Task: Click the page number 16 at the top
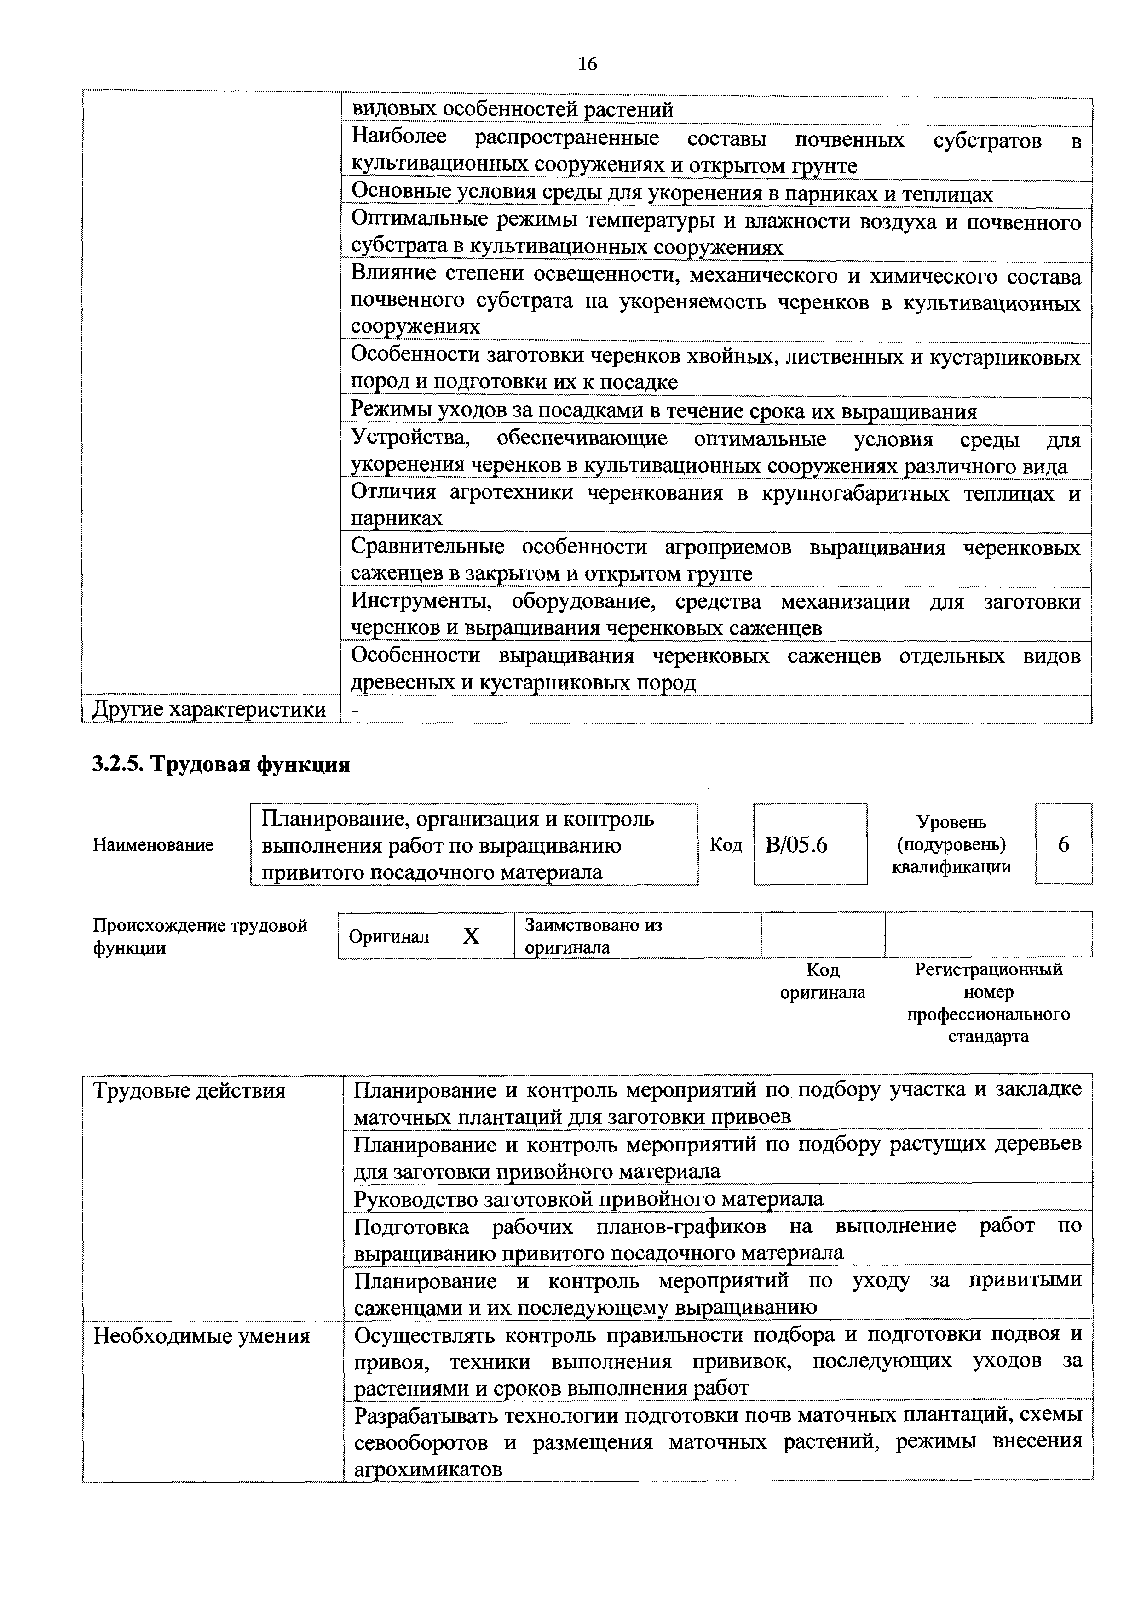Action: point(588,65)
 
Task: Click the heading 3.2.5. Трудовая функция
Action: point(221,764)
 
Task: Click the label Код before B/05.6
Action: point(725,845)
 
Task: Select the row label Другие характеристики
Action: point(209,709)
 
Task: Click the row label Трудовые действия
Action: point(190,1091)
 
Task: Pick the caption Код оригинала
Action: point(823,981)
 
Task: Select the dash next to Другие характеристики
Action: point(356,711)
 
